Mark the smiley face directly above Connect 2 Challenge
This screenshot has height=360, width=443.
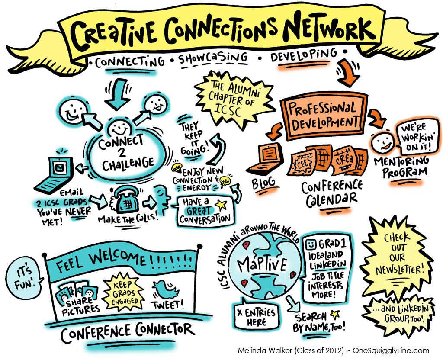[x=119, y=128]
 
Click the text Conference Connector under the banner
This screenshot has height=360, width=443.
[x=128, y=331]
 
